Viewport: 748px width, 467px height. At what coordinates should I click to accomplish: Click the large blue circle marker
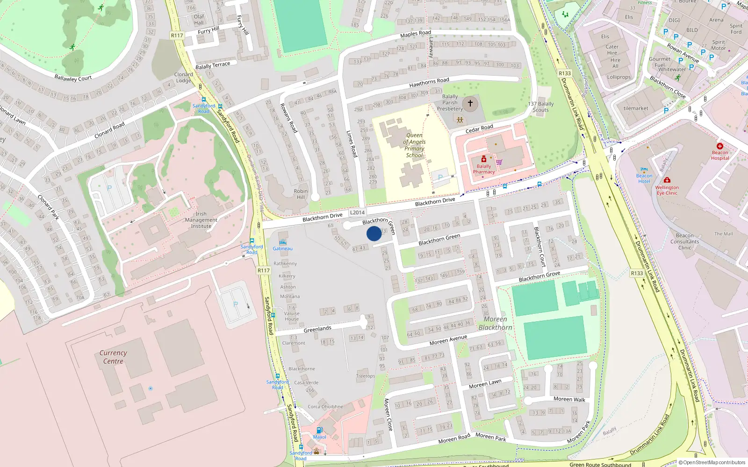374,233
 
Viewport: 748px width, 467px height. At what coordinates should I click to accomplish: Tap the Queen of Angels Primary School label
414,145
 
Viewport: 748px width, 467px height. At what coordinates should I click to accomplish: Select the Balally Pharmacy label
484,169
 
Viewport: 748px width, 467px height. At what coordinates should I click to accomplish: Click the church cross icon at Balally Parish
470,103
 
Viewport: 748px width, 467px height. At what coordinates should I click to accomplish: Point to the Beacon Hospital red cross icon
720,146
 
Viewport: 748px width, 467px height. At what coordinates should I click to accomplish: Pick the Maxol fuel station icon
319,430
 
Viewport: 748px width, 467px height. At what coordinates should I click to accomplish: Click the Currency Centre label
113,357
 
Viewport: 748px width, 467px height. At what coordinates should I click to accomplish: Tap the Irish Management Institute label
201,220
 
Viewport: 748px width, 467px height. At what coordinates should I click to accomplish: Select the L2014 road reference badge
357,212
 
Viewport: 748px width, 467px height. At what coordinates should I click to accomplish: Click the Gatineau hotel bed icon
282,242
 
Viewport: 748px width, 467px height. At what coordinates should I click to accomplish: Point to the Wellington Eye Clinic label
667,190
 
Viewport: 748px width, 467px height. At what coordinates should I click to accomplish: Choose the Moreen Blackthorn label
495,323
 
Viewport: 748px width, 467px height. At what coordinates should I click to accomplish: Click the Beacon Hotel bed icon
644,170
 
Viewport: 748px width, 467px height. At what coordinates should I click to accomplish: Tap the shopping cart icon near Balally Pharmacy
499,162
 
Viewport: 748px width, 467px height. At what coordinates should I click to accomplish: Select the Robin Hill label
301,194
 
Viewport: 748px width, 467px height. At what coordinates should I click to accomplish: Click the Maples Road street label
416,34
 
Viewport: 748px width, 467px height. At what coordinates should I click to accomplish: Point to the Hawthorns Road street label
429,83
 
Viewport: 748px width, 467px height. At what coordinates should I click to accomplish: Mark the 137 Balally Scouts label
541,107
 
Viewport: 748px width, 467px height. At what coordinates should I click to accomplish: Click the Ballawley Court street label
73,78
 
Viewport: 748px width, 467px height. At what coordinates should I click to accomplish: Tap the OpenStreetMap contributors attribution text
712,463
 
